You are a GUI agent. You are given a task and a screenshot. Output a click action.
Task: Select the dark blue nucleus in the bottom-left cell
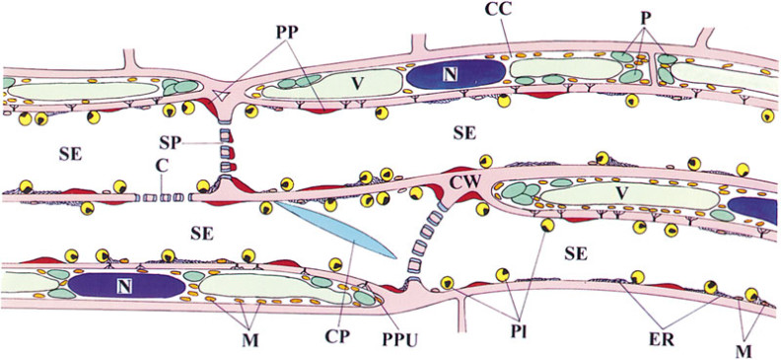coord(126,285)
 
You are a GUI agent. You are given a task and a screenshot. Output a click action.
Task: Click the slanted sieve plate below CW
coord(424,247)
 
